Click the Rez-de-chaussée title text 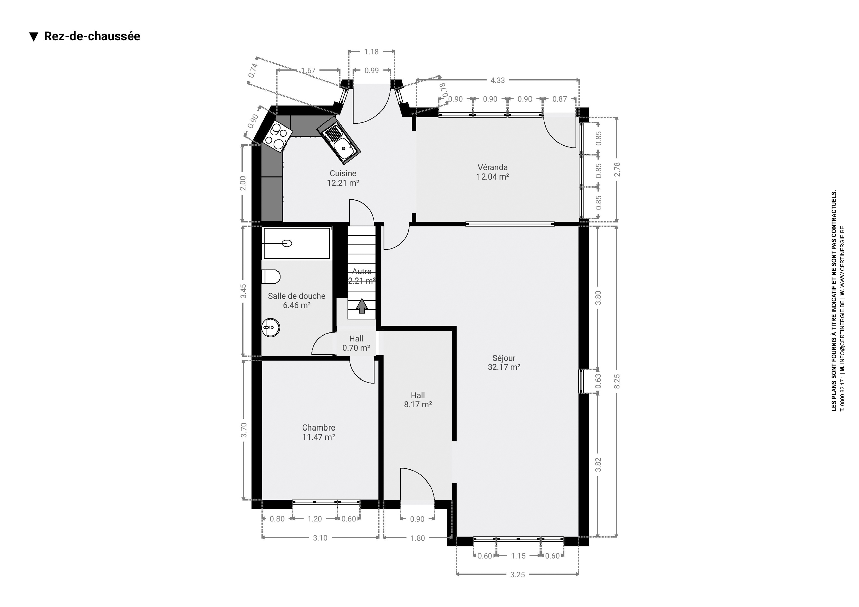point(92,36)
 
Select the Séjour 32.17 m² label point(504,363)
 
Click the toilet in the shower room point(271,277)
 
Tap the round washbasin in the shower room point(270,327)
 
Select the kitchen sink point(339,140)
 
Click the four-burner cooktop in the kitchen point(277,137)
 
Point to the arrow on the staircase point(362,305)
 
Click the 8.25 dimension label point(617,381)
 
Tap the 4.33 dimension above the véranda point(498,80)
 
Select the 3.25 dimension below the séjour point(517,574)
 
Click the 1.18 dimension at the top point(371,52)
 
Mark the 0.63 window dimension point(598,381)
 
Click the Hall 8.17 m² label point(418,400)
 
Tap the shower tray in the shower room point(297,243)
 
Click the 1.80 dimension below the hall point(417,538)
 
